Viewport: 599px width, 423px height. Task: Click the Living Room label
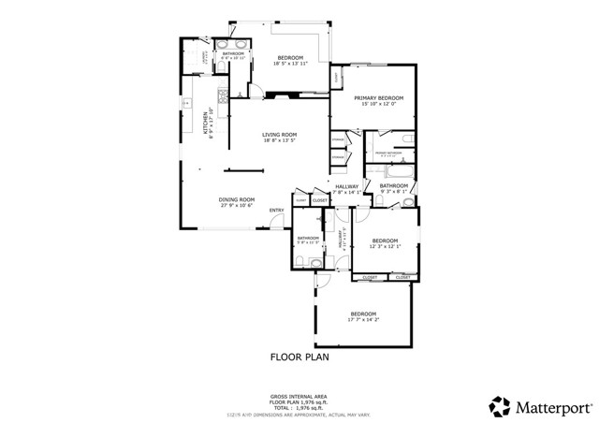coord(279,134)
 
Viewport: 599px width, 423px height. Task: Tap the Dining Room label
coord(237,198)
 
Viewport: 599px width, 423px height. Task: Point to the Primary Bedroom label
coord(378,97)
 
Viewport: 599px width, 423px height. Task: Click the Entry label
coord(277,210)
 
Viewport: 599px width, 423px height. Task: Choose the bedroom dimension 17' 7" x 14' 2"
coord(363,319)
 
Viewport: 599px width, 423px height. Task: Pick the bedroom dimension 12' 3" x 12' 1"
coord(384,247)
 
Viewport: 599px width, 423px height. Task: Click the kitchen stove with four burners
coord(222,96)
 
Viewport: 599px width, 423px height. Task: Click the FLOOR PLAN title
coord(299,357)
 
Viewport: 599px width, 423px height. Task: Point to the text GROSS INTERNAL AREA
coord(299,397)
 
